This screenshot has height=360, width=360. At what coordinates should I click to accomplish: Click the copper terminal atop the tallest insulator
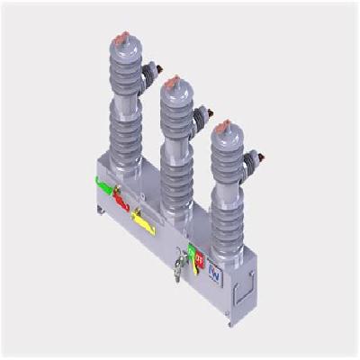[x=122, y=39]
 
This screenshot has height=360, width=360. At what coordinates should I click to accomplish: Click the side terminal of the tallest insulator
[x=155, y=69]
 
